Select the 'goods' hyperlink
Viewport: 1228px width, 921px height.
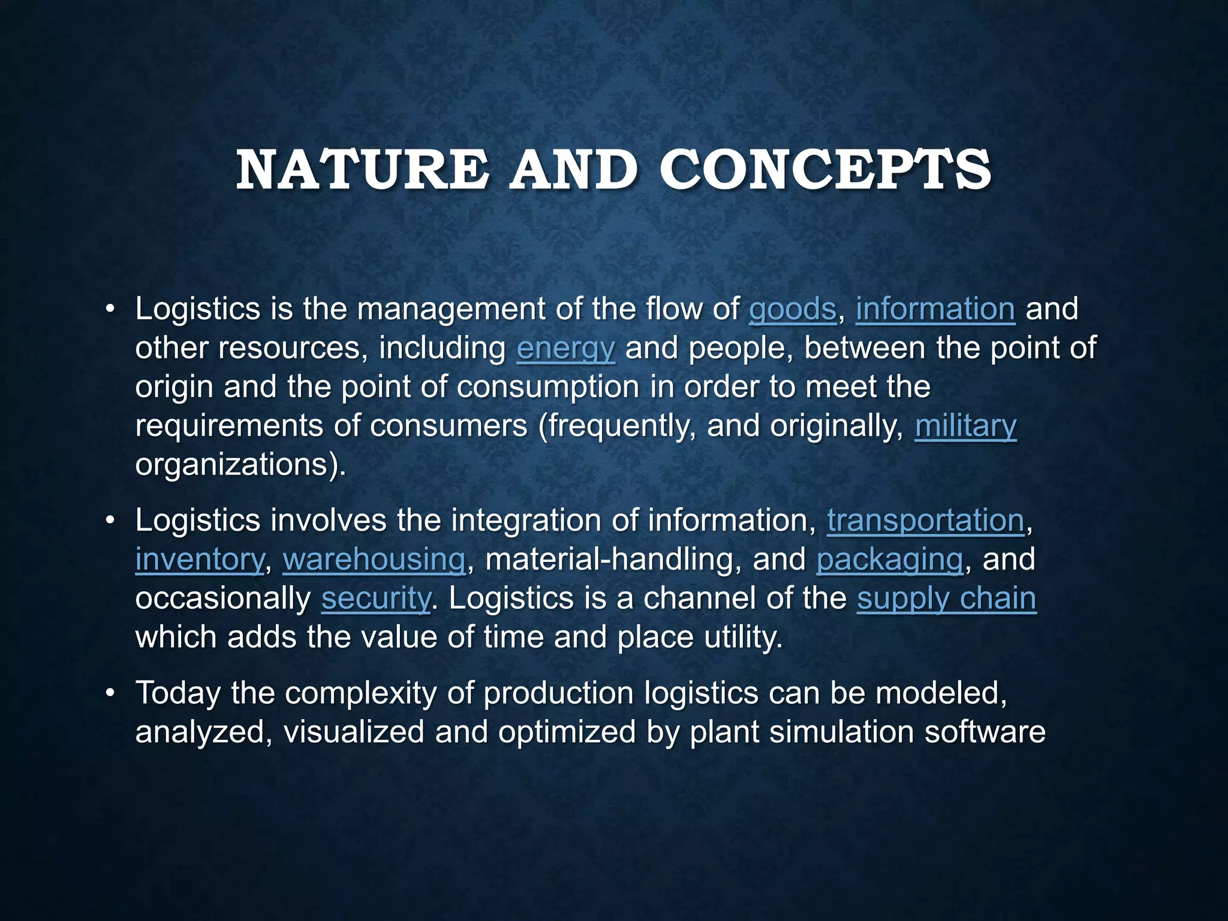coord(792,309)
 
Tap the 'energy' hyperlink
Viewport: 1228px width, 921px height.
coord(565,348)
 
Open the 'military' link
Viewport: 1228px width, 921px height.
coord(965,426)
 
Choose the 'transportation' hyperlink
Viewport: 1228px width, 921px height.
coord(926,520)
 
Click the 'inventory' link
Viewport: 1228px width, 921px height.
coord(199,559)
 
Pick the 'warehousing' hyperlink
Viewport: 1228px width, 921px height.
coord(374,559)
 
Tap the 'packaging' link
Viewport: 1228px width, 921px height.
coord(890,559)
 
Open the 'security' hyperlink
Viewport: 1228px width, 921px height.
coord(376,598)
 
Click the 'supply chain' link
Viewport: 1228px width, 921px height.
coord(946,598)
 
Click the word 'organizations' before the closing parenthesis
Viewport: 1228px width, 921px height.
coord(233,465)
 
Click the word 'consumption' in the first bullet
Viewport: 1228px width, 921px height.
coord(547,387)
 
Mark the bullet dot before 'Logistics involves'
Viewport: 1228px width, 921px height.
coord(109,521)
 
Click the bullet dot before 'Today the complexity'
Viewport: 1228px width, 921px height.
coord(109,694)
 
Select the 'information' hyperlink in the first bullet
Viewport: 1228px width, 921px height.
coord(935,309)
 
